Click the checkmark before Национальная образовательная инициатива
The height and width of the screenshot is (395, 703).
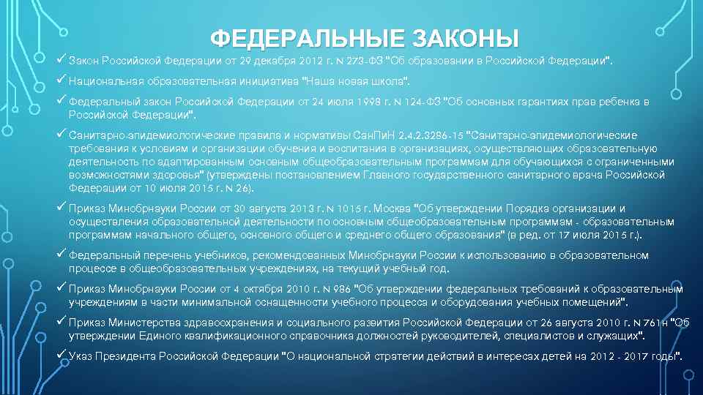[62, 78]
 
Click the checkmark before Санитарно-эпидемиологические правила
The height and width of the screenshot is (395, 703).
[62, 134]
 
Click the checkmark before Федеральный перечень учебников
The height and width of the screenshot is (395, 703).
[62, 254]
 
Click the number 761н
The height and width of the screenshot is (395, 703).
[655, 323]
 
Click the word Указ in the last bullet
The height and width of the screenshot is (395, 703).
[81, 357]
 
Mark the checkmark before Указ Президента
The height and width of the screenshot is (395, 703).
[62, 355]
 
